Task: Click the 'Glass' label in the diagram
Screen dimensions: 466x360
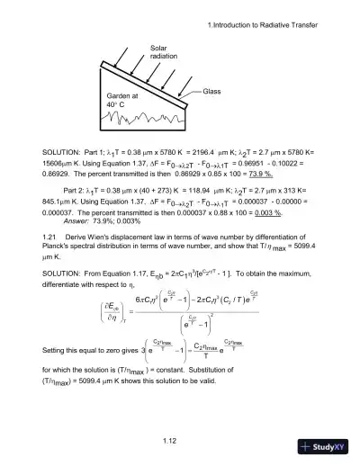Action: tap(211, 91)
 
